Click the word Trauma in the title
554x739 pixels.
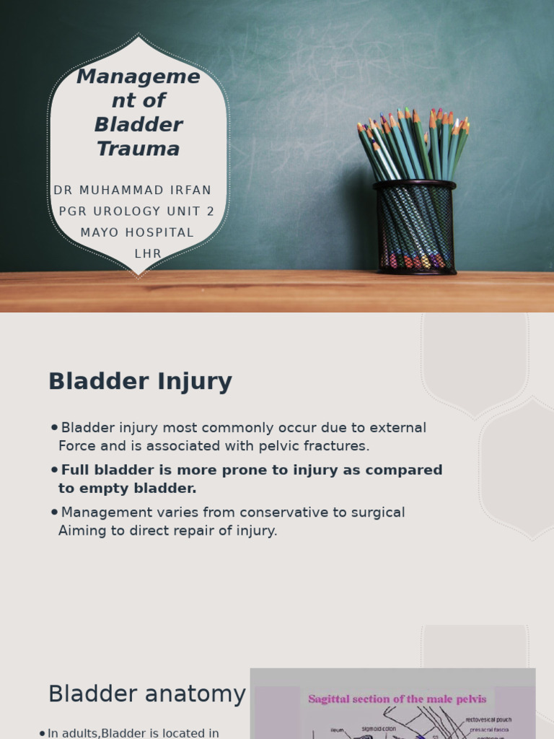(138, 149)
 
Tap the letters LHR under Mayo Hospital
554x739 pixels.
(148, 254)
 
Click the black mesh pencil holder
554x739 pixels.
(415, 227)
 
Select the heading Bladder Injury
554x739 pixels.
(140, 382)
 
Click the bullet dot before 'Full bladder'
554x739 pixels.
(55, 471)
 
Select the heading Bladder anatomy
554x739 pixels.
(146, 694)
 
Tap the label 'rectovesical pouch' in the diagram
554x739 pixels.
(488, 720)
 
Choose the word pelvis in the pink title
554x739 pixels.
(471, 699)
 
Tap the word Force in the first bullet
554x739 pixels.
(76, 446)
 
